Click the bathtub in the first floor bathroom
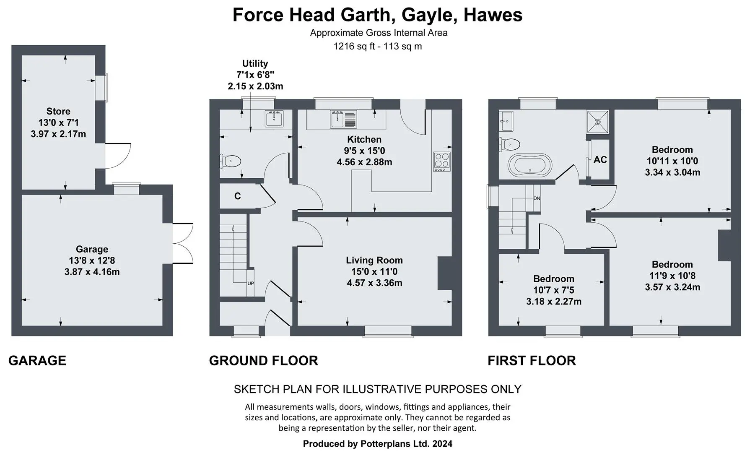(x=530, y=165)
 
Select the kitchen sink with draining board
(x=343, y=119)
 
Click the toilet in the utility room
(x=230, y=161)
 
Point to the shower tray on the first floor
(x=597, y=121)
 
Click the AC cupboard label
(x=600, y=160)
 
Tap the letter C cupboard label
(x=237, y=196)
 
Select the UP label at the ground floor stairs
(x=250, y=284)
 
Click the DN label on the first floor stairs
(x=537, y=198)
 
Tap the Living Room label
(x=374, y=260)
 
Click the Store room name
(x=58, y=111)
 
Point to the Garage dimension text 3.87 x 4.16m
(x=92, y=272)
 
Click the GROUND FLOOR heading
(x=263, y=361)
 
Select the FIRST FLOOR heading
(x=532, y=361)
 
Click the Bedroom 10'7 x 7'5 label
(x=554, y=290)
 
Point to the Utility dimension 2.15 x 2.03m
(x=255, y=86)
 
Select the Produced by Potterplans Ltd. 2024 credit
(x=378, y=444)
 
